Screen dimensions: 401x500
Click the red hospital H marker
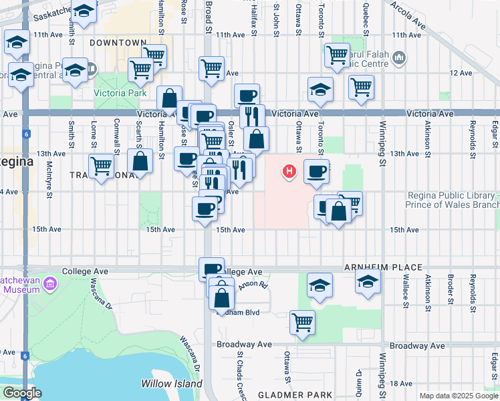(289, 172)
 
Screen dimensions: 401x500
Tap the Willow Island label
(171, 384)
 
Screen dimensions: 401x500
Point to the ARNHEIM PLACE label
(383, 268)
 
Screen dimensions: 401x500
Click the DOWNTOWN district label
(118, 43)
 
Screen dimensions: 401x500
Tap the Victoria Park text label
(120, 94)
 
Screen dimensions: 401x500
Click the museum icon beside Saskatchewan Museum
(49, 286)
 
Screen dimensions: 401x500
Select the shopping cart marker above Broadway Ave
(302, 321)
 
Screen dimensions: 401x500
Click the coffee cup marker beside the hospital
(316, 171)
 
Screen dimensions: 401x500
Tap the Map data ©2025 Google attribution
(459, 396)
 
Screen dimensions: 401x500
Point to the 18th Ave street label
(401, 383)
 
